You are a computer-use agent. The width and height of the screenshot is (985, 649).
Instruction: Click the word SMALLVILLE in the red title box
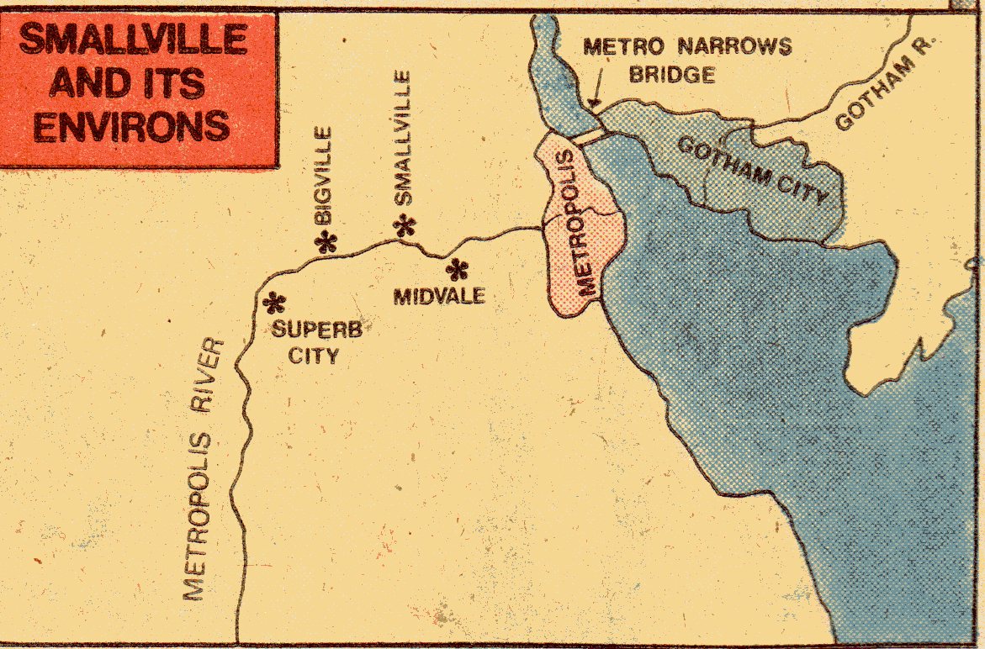pos(133,40)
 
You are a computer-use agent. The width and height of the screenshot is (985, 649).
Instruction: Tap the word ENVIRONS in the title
pos(133,125)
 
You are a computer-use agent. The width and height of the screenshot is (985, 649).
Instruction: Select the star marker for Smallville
pos(406,224)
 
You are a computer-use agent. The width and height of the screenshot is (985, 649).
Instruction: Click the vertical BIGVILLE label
pos(323,175)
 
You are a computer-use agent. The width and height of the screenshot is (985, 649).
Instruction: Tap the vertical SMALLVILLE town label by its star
pos(404,139)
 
